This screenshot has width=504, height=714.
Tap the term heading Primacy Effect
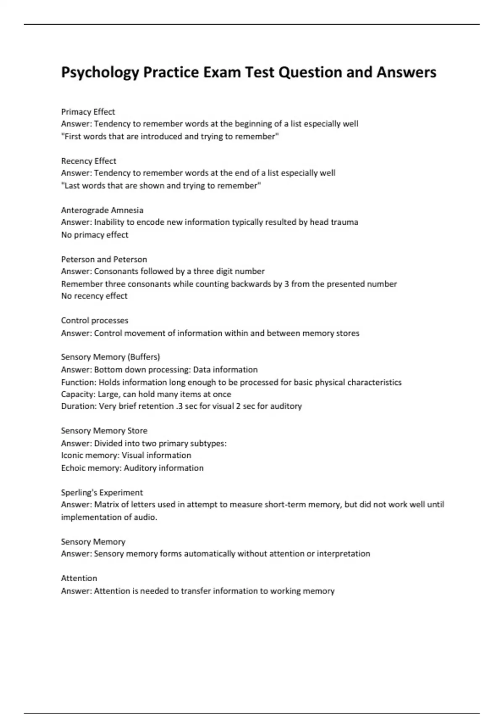pyautogui.click(x=88, y=112)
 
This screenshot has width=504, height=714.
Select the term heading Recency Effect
pyautogui.click(x=89, y=161)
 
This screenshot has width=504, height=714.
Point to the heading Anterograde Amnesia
pyautogui.click(x=102, y=210)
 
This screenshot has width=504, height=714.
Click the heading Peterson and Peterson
pyautogui.click(x=104, y=259)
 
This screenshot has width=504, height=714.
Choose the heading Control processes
pyautogui.click(x=94, y=320)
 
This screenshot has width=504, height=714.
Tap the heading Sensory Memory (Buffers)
pyautogui.click(x=110, y=357)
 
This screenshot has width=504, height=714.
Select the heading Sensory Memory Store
pyautogui.click(x=104, y=430)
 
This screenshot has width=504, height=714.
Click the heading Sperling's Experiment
pyautogui.click(x=102, y=492)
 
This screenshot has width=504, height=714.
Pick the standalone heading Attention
pyautogui.click(x=79, y=578)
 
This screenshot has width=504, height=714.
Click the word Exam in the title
pyautogui.click(x=222, y=73)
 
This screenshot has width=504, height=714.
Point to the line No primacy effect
pyautogui.click(x=94, y=235)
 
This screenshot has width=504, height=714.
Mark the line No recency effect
pyautogui.click(x=94, y=296)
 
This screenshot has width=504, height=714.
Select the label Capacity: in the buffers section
pyautogui.click(x=79, y=394)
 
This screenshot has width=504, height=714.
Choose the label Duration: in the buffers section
pyautogui.click(x=79, y=406)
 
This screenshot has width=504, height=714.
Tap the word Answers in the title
pyautogui.click(x=406, y=73)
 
